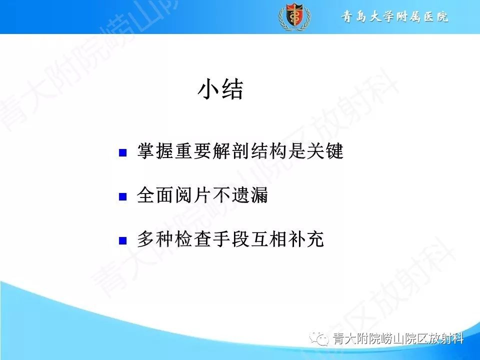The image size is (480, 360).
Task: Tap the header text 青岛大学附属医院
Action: [394, 17]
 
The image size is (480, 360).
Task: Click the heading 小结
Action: [220, 90]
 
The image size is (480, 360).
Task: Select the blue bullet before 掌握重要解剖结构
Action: [122, 153]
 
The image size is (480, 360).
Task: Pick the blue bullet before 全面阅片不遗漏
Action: [122, 197]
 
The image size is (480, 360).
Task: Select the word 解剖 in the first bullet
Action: [217, 151]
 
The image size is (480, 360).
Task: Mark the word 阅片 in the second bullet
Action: [186, 195]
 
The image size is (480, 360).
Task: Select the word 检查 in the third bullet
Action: [186, 239]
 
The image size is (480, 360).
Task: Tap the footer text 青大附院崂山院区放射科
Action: [398, 339]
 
